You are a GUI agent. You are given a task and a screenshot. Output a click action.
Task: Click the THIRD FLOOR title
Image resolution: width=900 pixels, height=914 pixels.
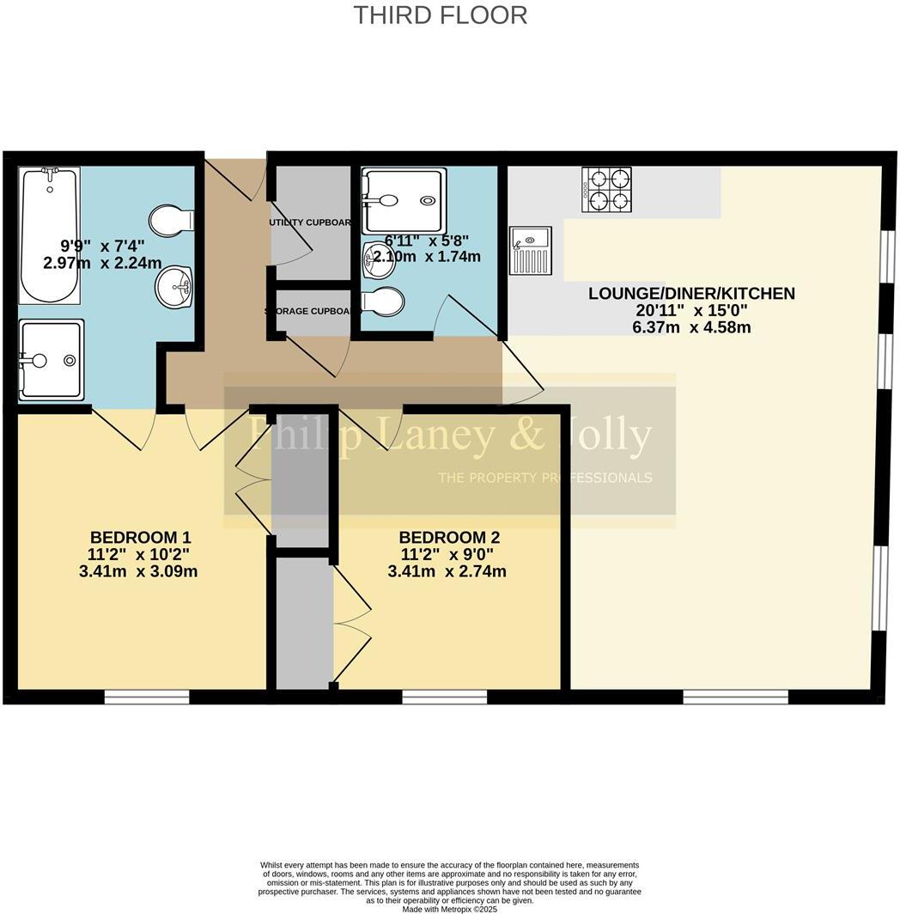tap(441, 15)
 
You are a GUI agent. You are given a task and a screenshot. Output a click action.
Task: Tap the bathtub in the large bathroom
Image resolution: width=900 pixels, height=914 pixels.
tap(49, 234)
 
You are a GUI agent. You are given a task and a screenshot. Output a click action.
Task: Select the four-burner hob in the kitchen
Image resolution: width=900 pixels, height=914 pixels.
tap(607, 190)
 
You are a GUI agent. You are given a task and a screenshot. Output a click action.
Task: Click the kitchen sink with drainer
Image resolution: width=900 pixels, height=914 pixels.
tap(531, 249)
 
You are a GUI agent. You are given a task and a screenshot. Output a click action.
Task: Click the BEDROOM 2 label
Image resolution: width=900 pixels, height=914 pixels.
tap(448, 538)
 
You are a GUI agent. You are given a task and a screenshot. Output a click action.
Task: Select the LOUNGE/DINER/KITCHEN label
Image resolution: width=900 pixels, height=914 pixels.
tap(691, 294)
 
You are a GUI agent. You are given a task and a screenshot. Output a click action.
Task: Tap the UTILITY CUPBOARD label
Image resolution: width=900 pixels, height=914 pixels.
tap(311, 222)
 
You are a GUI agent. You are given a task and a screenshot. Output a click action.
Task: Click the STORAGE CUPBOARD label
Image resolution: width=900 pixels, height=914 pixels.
tap(311, 311)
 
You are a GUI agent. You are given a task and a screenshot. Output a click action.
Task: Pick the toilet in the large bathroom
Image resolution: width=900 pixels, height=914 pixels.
tap(171, 221)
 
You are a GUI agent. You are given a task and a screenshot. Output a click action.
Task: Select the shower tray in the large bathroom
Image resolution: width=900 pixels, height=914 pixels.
tap(52, 360)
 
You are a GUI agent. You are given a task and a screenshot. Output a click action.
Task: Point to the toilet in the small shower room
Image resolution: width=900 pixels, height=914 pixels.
tap(384, 302)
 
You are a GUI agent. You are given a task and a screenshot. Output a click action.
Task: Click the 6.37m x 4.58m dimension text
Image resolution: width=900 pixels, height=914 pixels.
tap(691, 326)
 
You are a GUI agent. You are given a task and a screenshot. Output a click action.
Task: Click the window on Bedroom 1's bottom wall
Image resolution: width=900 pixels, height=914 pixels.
tap(147, 697)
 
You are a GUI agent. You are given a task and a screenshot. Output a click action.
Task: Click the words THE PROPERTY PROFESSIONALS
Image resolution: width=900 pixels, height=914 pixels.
tap(544, 478)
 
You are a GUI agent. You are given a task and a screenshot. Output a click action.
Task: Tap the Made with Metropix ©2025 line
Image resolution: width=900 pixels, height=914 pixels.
tap(450, 909)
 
